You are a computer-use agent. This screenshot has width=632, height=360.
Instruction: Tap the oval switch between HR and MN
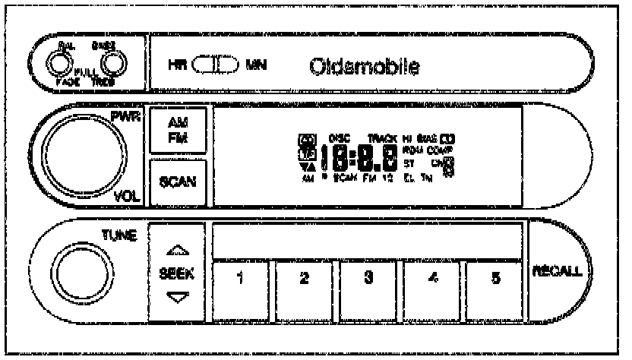(x=218, y=65)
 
